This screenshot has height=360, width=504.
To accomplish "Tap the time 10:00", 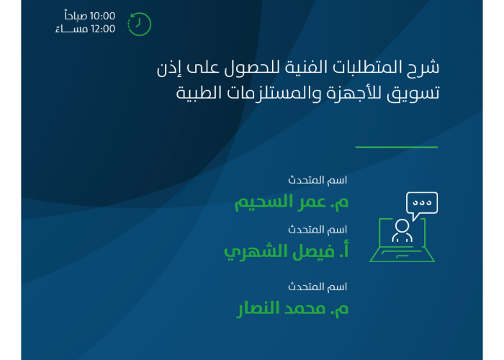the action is (102, 16).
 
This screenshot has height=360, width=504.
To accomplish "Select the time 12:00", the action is (103, 29).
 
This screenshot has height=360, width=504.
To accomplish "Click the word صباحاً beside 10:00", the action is (76, 15).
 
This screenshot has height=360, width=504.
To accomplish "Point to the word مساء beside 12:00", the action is (72, 30).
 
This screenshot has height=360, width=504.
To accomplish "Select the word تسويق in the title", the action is (413, 94).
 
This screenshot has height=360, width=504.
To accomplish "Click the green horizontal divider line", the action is (396, 147).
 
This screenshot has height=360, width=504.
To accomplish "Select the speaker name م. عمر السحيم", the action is (292, 202).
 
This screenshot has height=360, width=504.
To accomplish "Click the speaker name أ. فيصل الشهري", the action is (286, 251).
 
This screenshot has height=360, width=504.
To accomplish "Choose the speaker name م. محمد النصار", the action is (292, 309).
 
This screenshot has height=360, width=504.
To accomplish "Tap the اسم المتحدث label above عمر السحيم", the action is (318, 180).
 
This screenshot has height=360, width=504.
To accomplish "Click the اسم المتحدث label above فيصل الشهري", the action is (318, 230).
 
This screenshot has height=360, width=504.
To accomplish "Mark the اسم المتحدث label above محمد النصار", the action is (318, 287).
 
